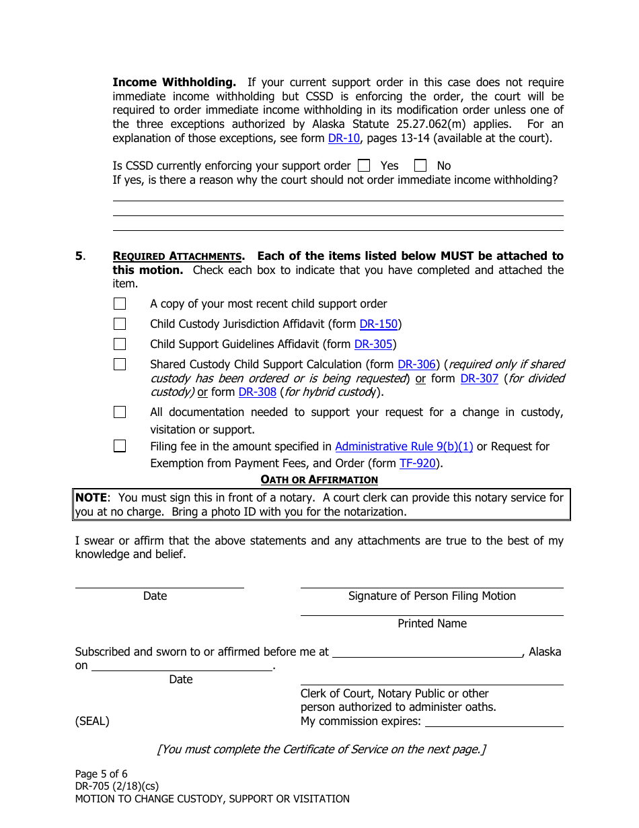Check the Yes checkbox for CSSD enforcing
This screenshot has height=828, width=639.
(x=364, y=165)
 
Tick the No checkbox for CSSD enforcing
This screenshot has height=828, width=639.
(x=420, y=165)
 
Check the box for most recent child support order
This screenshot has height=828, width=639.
(x=120, y=304)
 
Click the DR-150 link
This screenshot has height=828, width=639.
(x=379, y=324)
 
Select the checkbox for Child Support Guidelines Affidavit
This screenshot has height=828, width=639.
(x=120, y=344)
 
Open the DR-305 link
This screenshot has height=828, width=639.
(x=373, y=344)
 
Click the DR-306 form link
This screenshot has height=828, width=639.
(x=417, y=364)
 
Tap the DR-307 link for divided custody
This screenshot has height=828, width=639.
(x=479, y=378)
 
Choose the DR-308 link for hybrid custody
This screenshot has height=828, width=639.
(x=257, y=392)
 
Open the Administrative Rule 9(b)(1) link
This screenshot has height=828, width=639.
(x=404, y=446)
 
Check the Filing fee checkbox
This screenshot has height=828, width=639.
(x=120, y=446)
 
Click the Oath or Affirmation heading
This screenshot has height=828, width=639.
(x=319, y=479)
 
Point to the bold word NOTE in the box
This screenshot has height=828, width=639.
(x=91, y=497)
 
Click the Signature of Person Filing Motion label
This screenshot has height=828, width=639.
(x=432, y=596)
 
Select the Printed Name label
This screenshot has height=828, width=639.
(x=432, y=623)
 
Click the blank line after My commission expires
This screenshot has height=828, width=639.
(x=494, y=722)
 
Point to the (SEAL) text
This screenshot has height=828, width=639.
(x=92, y=721)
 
